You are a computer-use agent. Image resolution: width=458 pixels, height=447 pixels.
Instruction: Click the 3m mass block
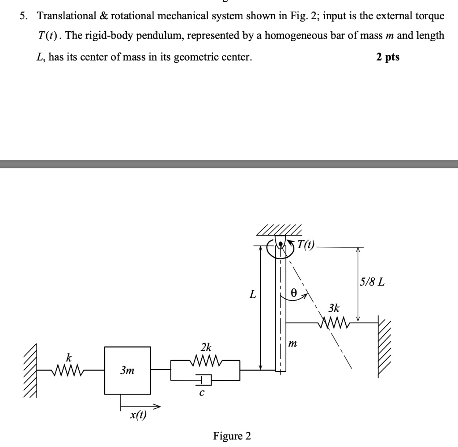[127, 370]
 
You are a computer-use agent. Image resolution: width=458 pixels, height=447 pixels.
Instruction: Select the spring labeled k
[68, 370]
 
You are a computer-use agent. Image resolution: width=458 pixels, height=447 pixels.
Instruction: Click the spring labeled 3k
[334, 322]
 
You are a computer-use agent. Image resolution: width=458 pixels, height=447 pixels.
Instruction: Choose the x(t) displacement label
[138, 415]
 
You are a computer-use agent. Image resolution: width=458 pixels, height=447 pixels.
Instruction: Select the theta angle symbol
[293, 292]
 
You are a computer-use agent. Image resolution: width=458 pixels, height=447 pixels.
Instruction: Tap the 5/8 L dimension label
[372, 283]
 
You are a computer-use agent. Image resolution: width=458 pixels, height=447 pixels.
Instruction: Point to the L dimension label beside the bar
[253, 295]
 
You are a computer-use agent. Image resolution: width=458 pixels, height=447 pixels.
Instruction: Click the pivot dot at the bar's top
[280, 244]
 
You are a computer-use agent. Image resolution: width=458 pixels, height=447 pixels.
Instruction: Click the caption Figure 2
[232, 435]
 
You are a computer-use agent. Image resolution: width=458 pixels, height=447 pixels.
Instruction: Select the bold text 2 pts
[388, 57]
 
